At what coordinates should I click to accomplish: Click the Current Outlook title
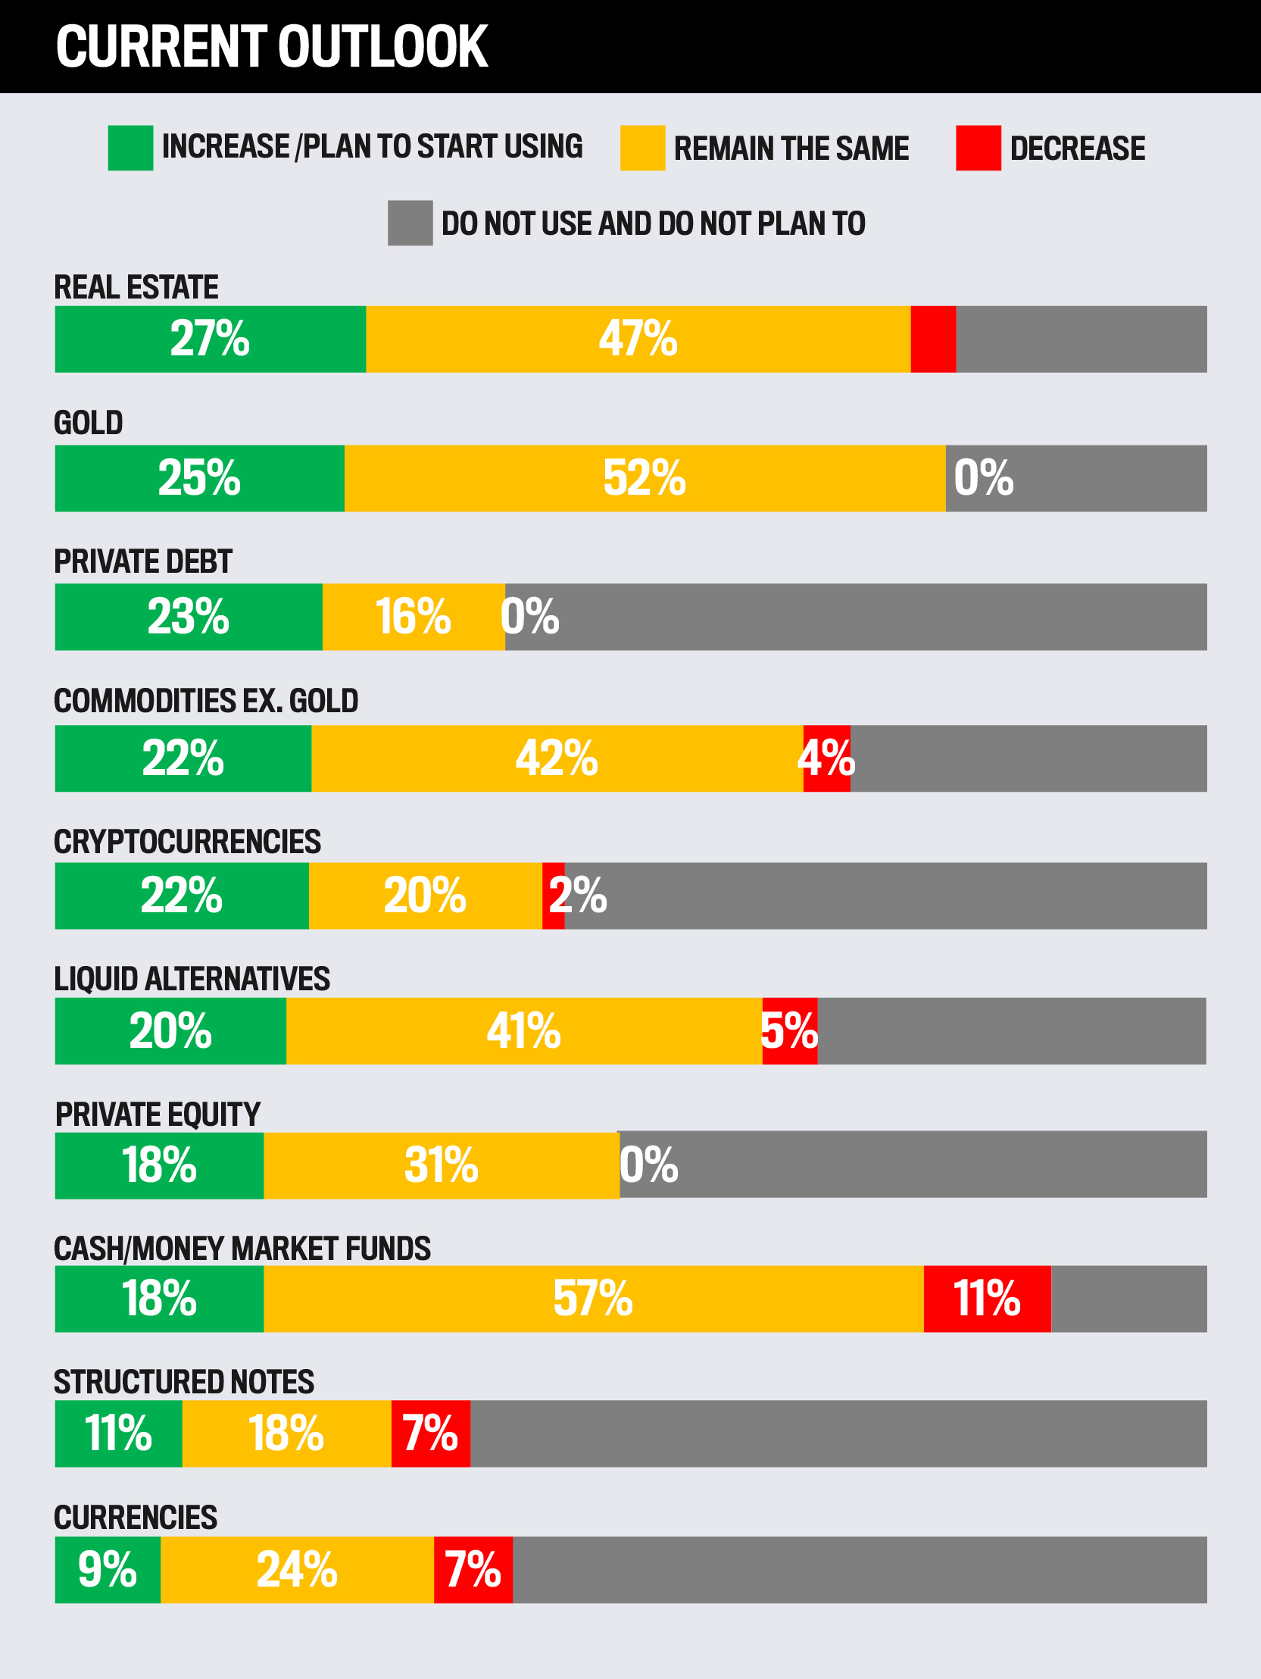272,47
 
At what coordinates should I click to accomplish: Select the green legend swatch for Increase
130,148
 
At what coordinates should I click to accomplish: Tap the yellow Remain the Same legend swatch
643,148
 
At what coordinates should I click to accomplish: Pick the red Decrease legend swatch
978,148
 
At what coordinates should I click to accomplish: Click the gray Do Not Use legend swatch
410,224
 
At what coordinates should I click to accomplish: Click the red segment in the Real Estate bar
933,339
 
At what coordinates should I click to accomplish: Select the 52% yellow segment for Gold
645,478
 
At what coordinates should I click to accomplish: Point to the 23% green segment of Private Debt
189,617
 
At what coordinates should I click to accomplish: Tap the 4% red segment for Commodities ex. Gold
827,758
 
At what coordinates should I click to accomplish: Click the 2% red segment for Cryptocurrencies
554,896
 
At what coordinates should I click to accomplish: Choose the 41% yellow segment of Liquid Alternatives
524,1030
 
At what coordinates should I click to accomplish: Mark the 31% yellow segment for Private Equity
442,1165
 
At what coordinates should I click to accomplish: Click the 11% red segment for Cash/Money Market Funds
987,1299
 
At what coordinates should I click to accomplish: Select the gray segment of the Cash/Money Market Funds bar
1129,1299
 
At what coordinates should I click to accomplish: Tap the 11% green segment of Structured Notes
118,1434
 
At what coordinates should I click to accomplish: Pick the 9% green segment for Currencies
108,1570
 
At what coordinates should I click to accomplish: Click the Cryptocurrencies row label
187,842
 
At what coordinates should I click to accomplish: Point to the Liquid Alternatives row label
192,979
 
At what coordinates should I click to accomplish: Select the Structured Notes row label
183,1382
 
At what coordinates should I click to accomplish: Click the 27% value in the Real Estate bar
209,339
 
